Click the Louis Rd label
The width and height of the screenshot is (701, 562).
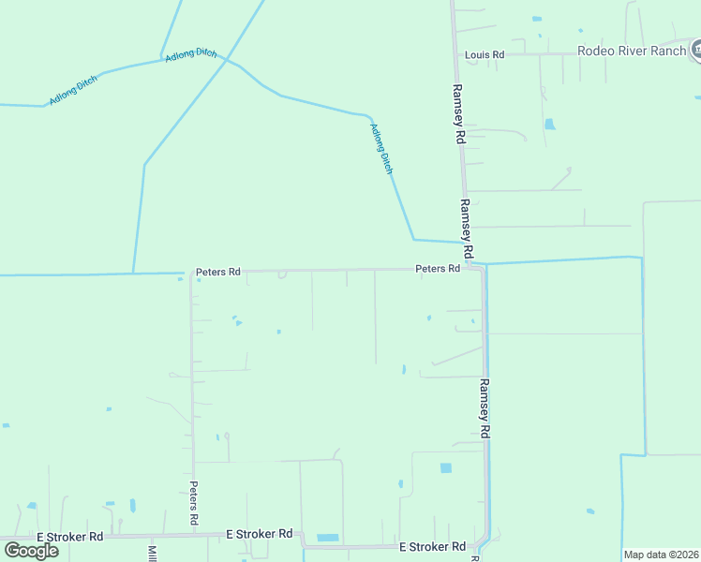click(485, 55)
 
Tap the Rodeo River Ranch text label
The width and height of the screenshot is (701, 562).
click(632, 51)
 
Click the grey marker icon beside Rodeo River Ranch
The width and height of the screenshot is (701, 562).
click(696, 50)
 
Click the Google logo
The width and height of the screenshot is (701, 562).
click(32, 550)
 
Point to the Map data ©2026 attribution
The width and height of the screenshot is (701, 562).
click(662, 555)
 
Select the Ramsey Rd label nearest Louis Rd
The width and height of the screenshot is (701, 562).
click(458, 113)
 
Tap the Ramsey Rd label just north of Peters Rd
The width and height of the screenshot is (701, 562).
click(466, 229)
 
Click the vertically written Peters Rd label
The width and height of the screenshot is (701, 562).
click(194, 503)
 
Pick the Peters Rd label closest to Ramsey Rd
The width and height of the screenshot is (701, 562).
click(438, 269)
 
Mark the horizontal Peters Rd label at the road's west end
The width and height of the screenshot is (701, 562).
click(217, 272)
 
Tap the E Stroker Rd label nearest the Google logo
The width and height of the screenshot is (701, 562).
click(70, 537)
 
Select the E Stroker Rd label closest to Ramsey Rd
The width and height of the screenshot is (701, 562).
click(432, 546)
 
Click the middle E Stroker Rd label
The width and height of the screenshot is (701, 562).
click(260, 534)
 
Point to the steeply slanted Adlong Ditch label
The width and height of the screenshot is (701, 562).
click(381, 149)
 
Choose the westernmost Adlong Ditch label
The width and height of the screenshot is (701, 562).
click(73, 89)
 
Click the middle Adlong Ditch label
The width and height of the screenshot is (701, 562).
click(191, 56)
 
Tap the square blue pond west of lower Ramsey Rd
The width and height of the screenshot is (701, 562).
click(445, 467)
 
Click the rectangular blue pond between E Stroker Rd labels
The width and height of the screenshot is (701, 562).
click(328, 538)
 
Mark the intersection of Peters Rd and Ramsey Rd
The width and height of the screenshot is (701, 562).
click(480, 268)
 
